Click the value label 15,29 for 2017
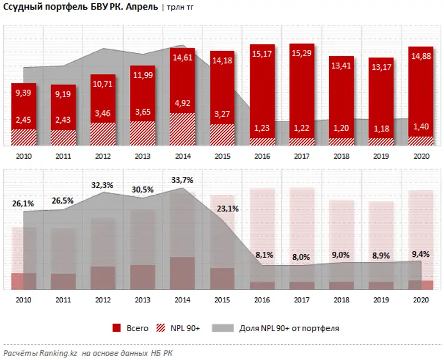point(301,53)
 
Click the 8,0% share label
point(301,257)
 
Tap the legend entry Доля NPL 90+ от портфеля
point(289,328)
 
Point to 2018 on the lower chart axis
point(341,300)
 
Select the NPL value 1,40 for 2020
point(421,128)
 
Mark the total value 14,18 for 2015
point(222,60)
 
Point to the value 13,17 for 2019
point(381,67)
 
